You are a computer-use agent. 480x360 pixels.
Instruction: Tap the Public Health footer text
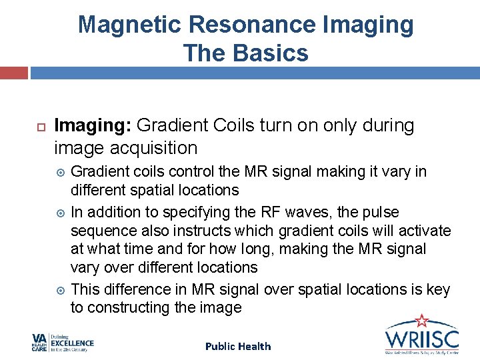tap(238, 346)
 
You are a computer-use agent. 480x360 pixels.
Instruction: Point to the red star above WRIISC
tap(421, 321)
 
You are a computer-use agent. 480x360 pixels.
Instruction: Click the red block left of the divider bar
tap(13, 73)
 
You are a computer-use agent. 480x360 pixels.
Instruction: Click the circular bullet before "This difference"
tap(61, 290)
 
